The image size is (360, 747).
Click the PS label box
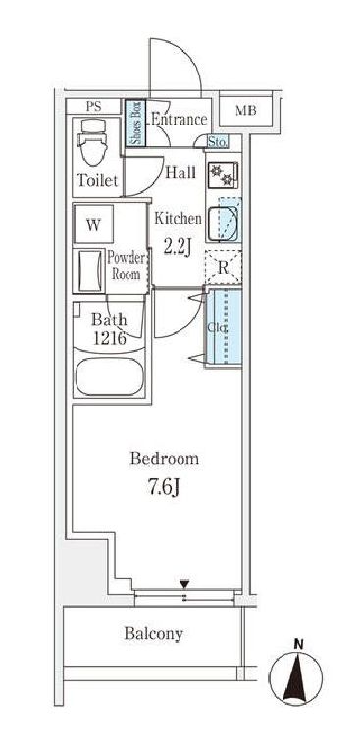click(x=94, y=106)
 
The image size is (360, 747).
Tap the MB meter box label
click(x=246, y=111)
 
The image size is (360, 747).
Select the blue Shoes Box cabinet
click(x=135, y=124)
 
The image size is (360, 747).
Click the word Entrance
click(x=180, y=119)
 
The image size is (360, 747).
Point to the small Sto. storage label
click(x=218, y=141)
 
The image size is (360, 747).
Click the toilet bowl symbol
click(x=93, y=141)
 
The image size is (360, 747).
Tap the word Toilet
click(x=97, y=180)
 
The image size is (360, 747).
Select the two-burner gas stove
click(x=223, y=175)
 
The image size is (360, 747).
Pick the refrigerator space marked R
click(x=223, y=268)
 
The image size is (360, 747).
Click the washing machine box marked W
click(x=93, y=224)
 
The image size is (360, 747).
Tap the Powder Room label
click(x=126, y=266)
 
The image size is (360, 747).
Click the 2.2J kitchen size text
click(x=178, y=248)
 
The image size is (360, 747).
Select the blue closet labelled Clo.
click(x=224, y=327)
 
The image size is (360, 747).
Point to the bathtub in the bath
click(x=110, y=376)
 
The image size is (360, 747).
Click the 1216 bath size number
click(x=109, y=339)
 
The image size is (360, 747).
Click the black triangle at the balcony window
click(x=185, y=584)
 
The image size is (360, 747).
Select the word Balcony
click(x=154, y=634)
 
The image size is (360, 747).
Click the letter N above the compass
click(x=299, y=646)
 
